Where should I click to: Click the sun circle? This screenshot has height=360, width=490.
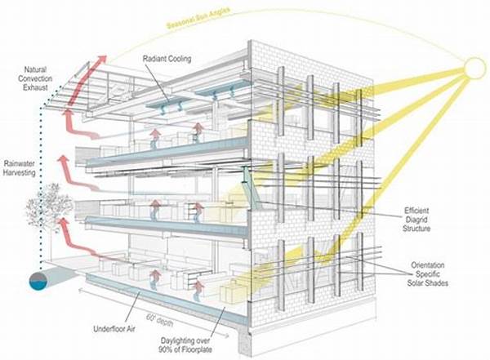475,68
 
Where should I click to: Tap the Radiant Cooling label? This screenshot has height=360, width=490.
167,59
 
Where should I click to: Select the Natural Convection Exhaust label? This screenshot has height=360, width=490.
35,78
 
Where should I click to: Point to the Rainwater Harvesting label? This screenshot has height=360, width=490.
20,168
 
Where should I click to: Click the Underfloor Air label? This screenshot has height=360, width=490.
114,329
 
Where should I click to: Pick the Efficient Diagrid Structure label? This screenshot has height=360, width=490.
416,220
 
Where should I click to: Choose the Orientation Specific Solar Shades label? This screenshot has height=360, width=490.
427,274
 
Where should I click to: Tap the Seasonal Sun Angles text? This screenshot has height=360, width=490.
198,18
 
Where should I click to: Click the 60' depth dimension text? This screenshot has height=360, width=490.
159,320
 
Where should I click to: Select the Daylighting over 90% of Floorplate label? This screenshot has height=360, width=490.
185,344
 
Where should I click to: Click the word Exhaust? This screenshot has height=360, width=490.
35,87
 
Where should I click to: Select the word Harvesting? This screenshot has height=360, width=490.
20,172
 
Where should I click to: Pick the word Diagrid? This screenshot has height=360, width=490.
416,220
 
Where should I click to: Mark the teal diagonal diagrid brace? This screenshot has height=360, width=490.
251,189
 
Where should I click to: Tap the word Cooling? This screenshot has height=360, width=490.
180,59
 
